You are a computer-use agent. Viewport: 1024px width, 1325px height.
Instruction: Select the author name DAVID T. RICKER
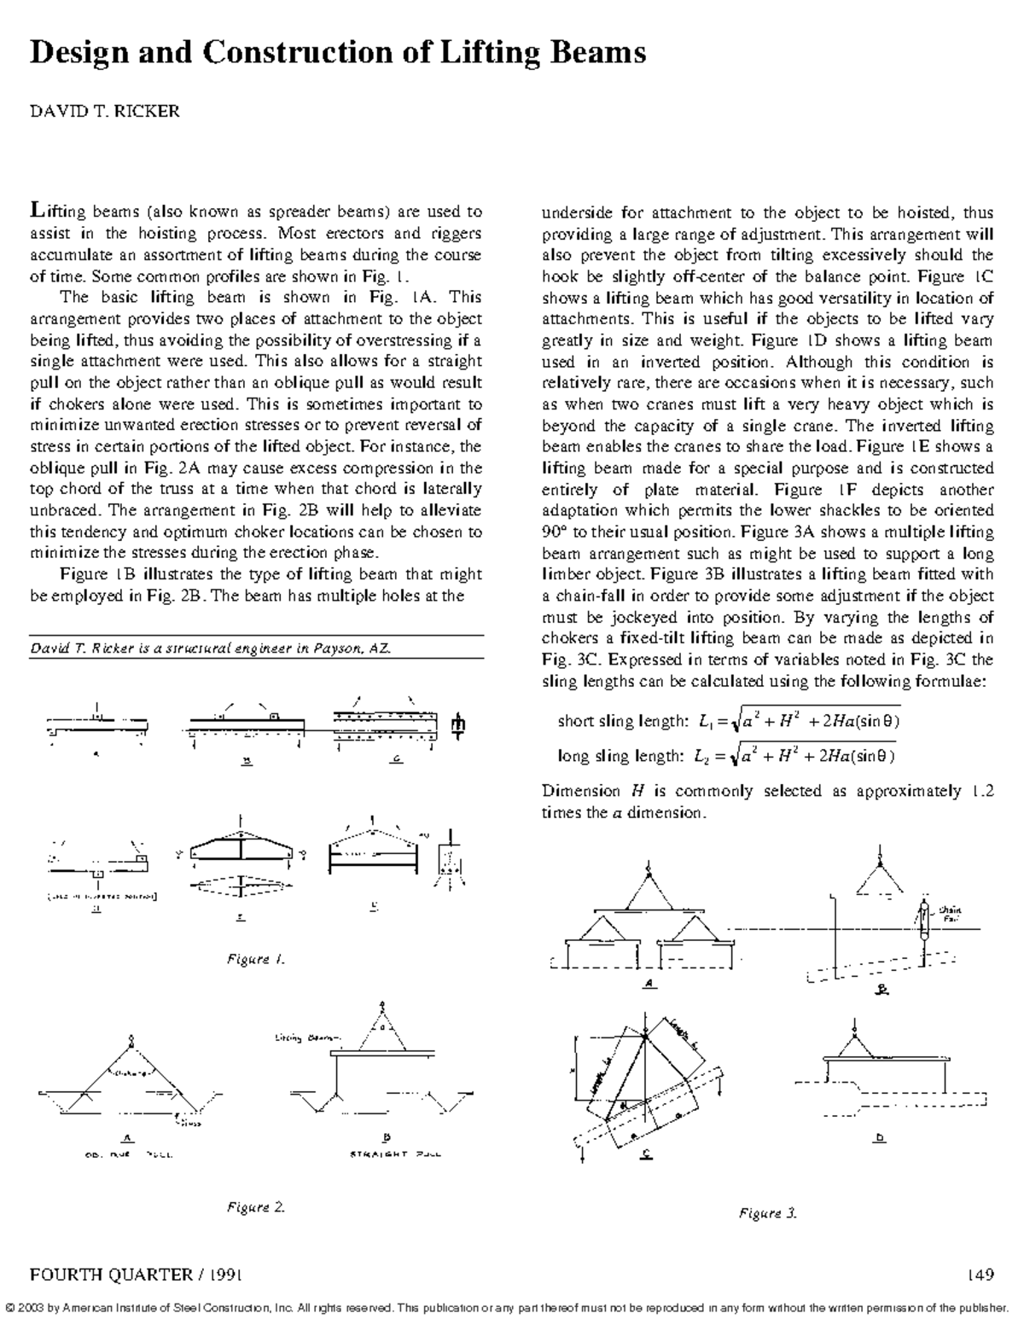tap(105, 112)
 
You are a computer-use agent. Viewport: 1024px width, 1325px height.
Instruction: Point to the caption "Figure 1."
tap(255, 959)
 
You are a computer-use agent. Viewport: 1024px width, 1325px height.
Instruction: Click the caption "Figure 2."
tap(255, 1206)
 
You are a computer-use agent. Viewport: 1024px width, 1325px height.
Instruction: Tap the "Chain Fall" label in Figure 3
tap(950, 914)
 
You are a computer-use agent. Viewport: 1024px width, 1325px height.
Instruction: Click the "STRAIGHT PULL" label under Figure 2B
tap(395, 1154)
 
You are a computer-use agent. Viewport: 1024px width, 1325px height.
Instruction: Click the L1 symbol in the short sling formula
tap(704, 722)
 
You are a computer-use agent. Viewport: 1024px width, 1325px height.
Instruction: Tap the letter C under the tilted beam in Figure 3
tap(646, 1154)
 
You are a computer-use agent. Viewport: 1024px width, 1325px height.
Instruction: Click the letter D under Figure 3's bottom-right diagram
tap(880, 1137)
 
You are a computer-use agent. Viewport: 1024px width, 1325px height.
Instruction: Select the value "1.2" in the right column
tap(982, 791)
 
